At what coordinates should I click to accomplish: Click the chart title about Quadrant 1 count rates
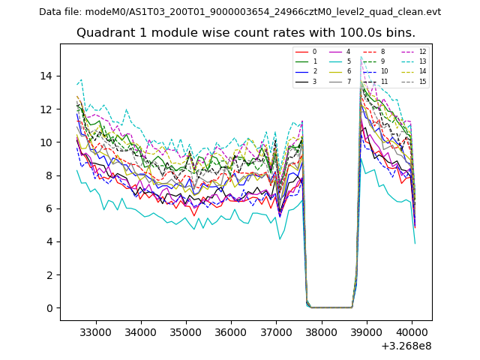(x=246, y=33)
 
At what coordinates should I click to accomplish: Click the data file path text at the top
(x=240, y=12)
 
